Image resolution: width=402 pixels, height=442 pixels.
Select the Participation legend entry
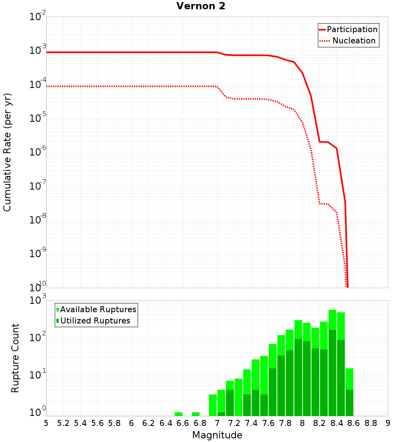coord(352,29)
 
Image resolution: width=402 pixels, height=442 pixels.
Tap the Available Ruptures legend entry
coord(98,309)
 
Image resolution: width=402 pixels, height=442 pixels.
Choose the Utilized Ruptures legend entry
coord(95,321)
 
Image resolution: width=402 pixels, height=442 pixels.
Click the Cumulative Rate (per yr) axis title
coord(7,152)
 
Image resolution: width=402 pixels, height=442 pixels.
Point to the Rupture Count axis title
coord(15,358)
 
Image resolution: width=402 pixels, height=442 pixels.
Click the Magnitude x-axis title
coord(217,435)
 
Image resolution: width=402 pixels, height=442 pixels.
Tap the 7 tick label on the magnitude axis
coord(217,423)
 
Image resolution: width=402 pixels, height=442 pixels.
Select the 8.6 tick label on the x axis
coord(354,423)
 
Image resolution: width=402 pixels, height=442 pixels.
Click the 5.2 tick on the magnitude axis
coord(64,423)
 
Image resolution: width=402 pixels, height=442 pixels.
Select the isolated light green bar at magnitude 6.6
coord(179,414)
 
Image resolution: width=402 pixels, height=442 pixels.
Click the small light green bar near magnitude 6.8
coord(196,414)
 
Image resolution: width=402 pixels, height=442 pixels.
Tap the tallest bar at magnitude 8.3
coord(332,362)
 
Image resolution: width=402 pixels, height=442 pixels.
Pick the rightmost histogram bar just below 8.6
coord(349,392)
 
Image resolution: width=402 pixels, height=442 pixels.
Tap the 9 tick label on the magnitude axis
coord(388,423)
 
